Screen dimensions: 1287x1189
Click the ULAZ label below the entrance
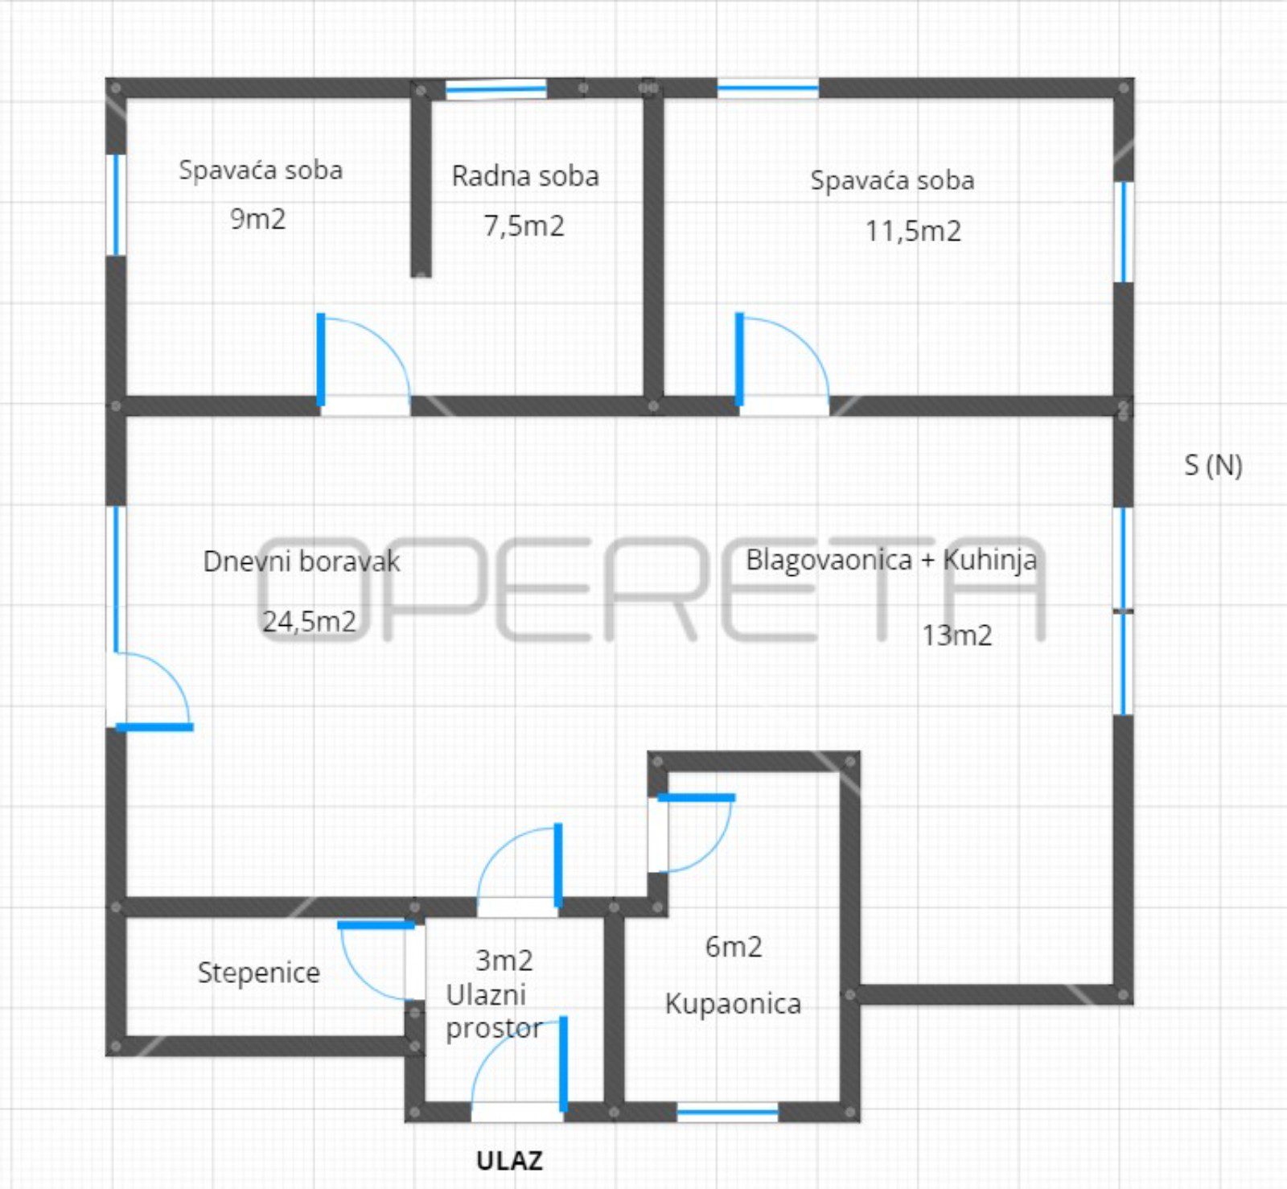[x=509, y=1161]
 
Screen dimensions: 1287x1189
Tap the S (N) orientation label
[x=1213, y=465]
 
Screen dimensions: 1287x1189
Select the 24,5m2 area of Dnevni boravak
[x=310, y=621]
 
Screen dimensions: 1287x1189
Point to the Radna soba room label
[x=525, y=176]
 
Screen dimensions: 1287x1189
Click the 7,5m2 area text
[x=524, y=226]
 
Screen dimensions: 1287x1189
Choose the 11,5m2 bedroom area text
[x=913, y=232]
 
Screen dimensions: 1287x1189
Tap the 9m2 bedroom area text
[x=257, y=219]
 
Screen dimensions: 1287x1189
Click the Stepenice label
[x=259, y=973]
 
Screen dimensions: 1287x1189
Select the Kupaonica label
[x=733, y=1004]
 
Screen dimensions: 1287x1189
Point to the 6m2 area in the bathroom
[x=734, y=947]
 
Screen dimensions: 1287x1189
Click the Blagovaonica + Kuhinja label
[x=891, y=560]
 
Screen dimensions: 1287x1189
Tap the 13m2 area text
[x=956, y=636]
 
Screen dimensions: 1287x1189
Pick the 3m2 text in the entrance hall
[x=504, y=960]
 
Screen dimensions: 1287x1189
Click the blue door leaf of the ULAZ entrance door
[x=564, y=1064]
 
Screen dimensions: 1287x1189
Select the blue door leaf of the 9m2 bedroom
[x=321, y=360]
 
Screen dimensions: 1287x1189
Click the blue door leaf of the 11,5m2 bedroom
[x=739, y=360]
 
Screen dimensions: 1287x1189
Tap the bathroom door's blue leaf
[x=696, y=798]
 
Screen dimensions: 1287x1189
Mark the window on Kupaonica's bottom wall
[x=727, y=1113]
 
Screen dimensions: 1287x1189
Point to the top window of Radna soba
[x=496, y=88]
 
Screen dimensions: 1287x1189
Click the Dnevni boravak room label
[x=302, y=562]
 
